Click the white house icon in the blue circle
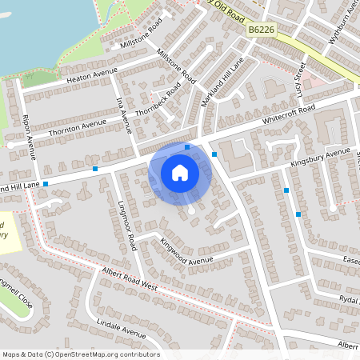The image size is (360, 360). pos(180,172)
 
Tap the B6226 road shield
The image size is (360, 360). pos(261,30)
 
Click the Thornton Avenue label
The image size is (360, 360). pos(77,126)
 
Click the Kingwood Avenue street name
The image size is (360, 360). pos(186,251)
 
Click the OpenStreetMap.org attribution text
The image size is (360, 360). pos(80,354)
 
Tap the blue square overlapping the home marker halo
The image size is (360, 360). pos(187,147)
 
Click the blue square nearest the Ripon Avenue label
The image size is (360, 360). pos(46,184)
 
